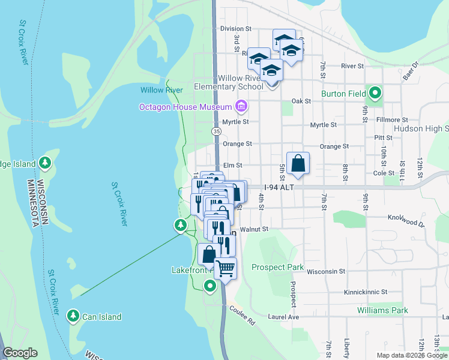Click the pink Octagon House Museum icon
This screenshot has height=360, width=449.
tap(241, 107)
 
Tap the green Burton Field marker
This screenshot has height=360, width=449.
tap(376, 93)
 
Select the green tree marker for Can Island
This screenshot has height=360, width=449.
tap(73, 316)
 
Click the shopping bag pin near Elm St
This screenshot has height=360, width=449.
tap(298, 163)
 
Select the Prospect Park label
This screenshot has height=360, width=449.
tap(277, 267)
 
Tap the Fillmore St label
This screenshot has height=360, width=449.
tap(392, 120)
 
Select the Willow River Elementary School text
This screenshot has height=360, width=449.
tap(229, 83)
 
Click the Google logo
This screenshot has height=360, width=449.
tap(20, 353)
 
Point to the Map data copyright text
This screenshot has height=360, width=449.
tap(411, 355)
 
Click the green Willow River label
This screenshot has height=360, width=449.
tap(161, 90)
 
